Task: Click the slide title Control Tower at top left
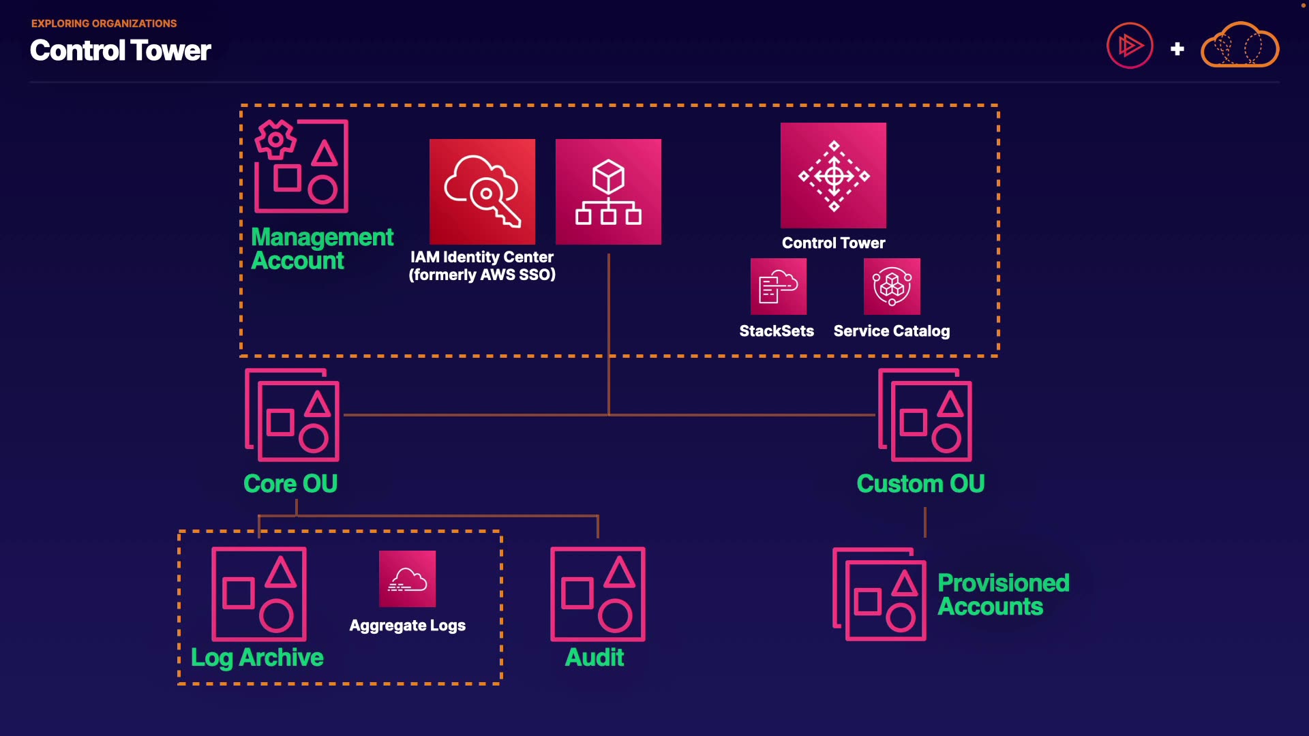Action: pyautogui.click(x=121, y=50)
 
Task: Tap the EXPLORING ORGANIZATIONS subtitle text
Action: pyautogui.click(x=104, y=23)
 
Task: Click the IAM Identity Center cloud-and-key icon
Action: pyautogui.click(x=482, y=191)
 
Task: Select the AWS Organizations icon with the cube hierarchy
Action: pyautogui.click(x=608, y=191)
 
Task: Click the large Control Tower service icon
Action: pyautogui.click(x=833, y=175)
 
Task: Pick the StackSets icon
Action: pyautogui.click(x=778, y=286)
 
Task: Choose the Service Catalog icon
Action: pyautogui.click(x=892, y=286)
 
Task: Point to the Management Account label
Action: pyautogui.click(x=322, y=249)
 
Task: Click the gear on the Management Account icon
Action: pyautogui.click(x=275, y=139)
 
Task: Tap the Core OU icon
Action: pyautogui.click(x=292, y=415)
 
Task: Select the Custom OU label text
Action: pyautogui.click(x=920, y=484)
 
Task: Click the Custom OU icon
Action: pyautogui.click(x=925, y=415)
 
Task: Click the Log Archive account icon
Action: pyautogui.click(x=259, y=594)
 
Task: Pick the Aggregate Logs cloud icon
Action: pyautogui.click(x=407, y=579)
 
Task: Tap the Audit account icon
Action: pyautogui.click(x=598, y=594)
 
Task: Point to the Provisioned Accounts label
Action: pyautogui.click(x=1003, y=595)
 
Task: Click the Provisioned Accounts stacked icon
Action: pyautogui.click(x=879, y=594)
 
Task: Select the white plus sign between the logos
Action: pyautogui.click(x=1177, y=49)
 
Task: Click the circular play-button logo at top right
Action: pyautogui.click(x=1130, y=46)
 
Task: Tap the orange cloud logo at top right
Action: pyautogui.click(x=1239, y=46)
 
